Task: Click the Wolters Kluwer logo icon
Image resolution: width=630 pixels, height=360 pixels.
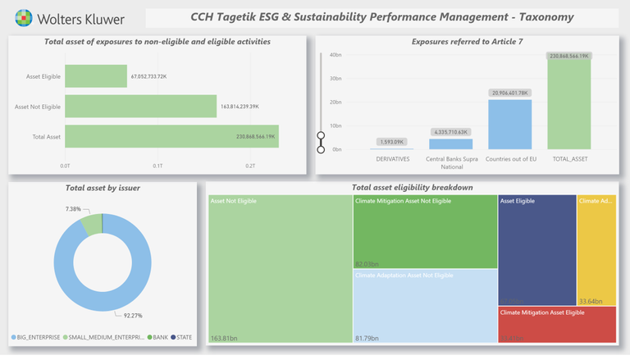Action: [25, 17]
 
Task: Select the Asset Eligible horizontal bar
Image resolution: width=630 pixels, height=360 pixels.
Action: [94, 76]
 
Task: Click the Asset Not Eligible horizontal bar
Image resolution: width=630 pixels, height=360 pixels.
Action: [140, 106]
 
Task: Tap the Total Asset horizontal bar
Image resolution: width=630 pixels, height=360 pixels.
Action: [171, 136]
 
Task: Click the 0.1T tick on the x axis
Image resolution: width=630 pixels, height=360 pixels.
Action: [158, 166]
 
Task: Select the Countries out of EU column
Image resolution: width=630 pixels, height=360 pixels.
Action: [509, 125]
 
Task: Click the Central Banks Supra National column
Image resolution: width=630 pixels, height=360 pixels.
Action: [450, 144]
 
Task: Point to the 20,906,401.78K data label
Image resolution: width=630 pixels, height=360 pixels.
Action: [509, 93]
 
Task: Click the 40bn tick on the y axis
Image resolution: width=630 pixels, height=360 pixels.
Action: [336, 55]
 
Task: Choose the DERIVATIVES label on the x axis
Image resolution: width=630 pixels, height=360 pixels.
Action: [392, 158]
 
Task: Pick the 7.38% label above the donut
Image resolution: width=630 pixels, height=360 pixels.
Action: [73, 209]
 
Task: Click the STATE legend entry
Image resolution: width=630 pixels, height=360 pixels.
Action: [185, 336]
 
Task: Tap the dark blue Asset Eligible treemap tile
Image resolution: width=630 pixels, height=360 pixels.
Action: [536, 250]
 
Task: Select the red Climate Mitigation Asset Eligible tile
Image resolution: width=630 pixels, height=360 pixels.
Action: [557, 324]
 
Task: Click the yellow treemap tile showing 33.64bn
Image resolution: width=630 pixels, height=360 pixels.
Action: [596, 250]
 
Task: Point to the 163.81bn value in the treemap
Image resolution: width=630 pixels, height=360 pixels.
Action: [224, 337]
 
